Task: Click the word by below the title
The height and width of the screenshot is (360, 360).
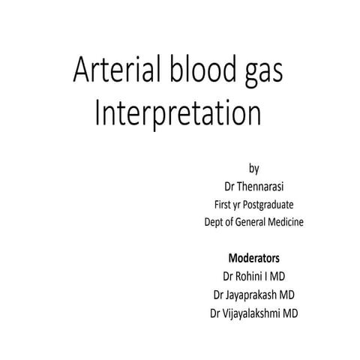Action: point(253,166)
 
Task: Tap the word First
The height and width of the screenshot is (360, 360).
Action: point(223,203)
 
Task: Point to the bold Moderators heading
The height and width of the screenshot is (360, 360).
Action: point(254,258)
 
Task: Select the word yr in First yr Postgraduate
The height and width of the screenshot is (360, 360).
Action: point(241,203)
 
